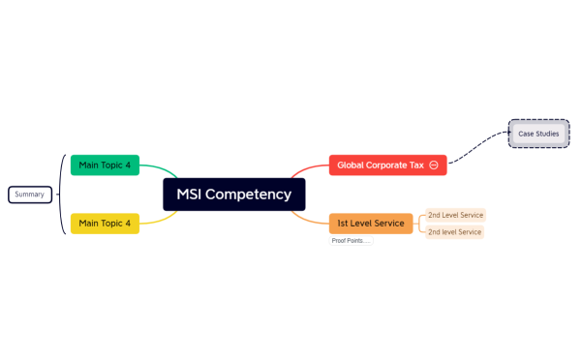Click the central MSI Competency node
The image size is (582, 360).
(233, 195)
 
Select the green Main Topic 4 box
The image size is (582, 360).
(105, 165)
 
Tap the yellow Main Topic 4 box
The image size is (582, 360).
(105, 224)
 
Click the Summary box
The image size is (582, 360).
(29, 195)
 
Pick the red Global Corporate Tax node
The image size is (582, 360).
(382, 165)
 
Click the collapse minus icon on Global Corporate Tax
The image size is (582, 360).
(434, 165)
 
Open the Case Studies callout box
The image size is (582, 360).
(538, 133)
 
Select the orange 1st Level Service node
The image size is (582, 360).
(371, 224)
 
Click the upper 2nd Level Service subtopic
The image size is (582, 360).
(455, 215)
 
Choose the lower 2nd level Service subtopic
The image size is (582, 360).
(455, 232)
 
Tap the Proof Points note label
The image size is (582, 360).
(351, 240)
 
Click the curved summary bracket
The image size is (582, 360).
(62, 195)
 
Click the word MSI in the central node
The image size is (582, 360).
(192, 195)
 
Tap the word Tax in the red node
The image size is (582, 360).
(416, 165)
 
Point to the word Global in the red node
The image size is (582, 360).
(353, 165)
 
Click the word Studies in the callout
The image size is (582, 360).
(547, 133)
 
